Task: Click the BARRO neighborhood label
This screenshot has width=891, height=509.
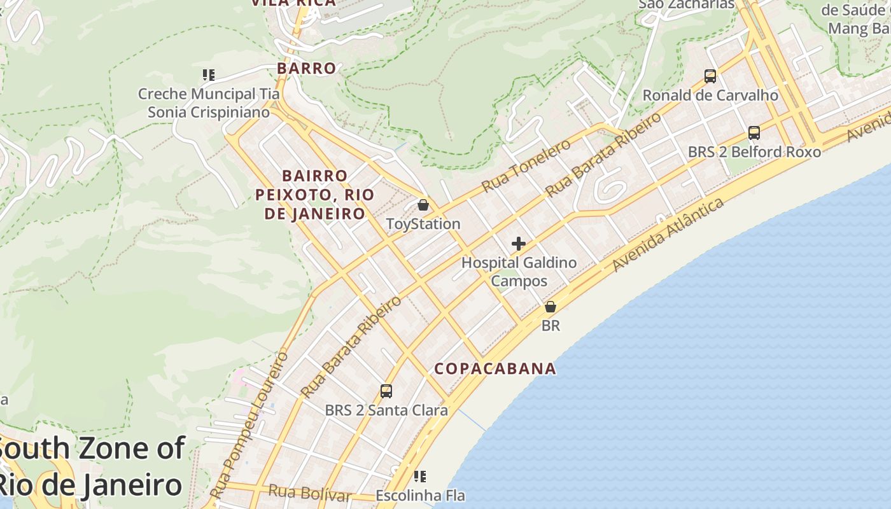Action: (x=306, y=68)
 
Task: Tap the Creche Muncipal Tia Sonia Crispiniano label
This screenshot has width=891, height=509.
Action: (x=209, y=103)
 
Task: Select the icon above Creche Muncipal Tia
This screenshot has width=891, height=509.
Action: (x=209, y=75)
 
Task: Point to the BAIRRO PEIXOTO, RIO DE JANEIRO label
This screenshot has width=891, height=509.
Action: (x=314, y=194)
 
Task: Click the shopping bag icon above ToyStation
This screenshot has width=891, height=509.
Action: (x=423, y=205)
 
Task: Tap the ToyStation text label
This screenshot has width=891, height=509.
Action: (x=423, y=224)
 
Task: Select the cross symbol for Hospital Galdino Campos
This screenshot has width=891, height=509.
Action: (x=519, y=244)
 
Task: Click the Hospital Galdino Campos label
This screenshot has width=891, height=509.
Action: (x=519, y=272)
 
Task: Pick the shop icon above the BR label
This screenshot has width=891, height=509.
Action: (x=551, y=307)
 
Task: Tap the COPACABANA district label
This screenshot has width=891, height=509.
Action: (x=495, y=369)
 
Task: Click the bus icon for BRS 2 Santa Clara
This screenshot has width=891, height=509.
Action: (x=386, y=391)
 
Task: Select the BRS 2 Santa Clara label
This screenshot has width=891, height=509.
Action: (x=386, y=410)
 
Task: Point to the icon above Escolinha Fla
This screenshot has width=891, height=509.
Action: (x=420, y=476)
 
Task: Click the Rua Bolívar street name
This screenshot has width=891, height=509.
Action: (x=310, y=492)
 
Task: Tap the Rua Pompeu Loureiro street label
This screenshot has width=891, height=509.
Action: (x=249, y=425)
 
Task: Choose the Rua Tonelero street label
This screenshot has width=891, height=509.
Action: (x=526, y=166)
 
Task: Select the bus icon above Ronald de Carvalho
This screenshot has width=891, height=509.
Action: (x=710, y=76)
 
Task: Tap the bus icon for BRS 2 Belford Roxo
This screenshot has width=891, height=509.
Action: (x=754, y=133)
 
